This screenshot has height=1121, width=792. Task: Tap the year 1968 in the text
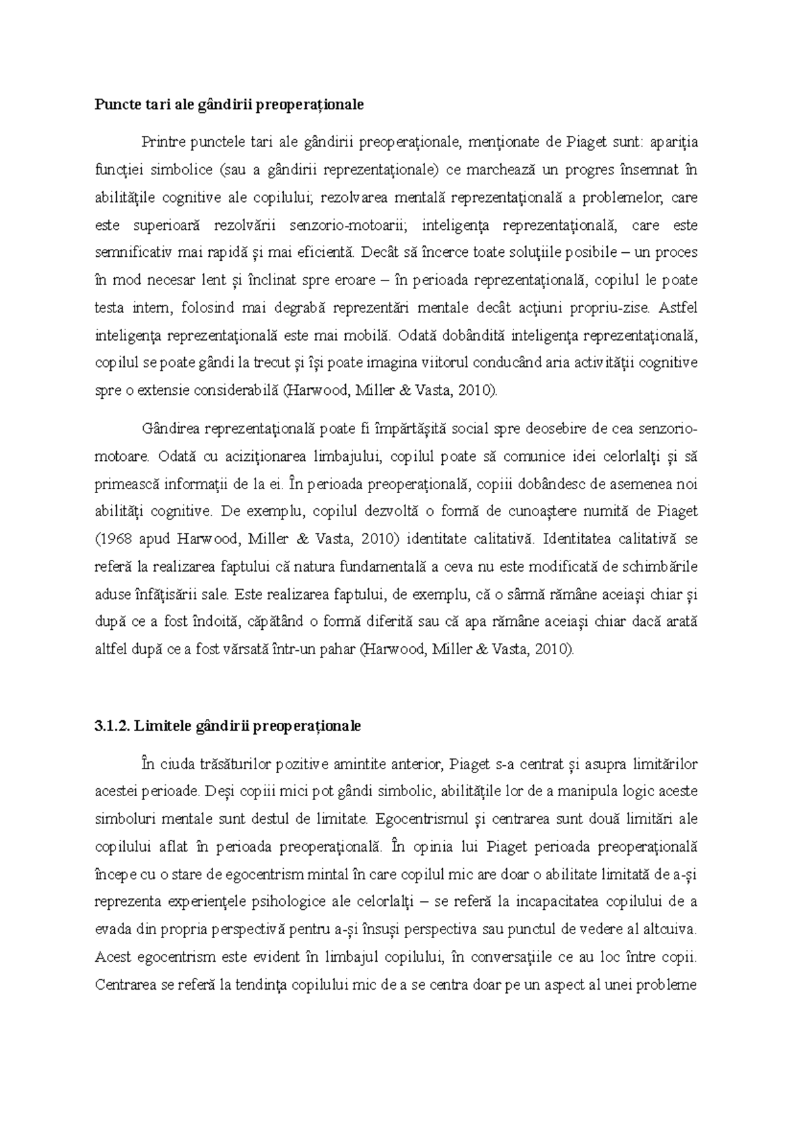click(x=114, y=539)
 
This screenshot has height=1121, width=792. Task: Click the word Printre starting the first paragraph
click(x=163, y=142)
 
